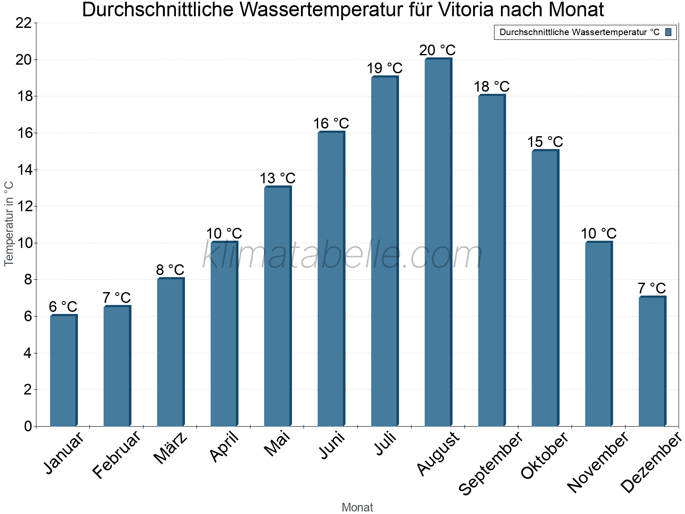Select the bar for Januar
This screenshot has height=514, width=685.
[63, 371]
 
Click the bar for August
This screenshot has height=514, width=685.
[438, 242]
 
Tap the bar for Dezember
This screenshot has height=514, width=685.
[652, 362]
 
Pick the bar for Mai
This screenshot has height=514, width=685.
[277, 307]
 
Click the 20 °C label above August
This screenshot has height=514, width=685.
[438, 51]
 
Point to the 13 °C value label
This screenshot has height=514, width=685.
[277, 178]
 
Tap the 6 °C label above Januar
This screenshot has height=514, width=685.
[63, 307]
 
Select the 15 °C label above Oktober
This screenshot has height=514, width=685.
[545, 142]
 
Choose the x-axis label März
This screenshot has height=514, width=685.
[170, 448]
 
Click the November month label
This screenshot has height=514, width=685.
[598, 462]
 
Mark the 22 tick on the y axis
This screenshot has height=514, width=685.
[24, 23]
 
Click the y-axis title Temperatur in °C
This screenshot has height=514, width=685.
[9, 224]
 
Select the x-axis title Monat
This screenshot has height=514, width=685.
[357, 508]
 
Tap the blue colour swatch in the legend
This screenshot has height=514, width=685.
[668, 32]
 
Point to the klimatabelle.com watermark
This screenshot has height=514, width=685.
[342, 256]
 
